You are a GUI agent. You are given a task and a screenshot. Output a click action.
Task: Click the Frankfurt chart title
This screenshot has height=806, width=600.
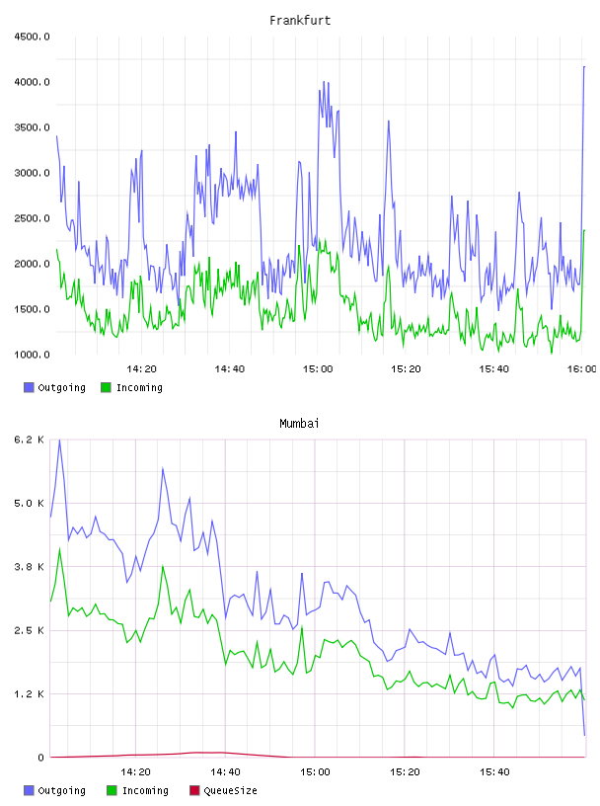coord(300,21)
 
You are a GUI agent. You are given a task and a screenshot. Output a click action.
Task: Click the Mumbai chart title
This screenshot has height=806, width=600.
coord(299,424)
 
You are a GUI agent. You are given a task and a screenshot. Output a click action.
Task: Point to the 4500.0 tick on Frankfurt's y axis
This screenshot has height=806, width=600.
coord(32,37)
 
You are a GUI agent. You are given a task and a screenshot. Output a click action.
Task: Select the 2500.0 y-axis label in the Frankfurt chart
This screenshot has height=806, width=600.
coord(32,218)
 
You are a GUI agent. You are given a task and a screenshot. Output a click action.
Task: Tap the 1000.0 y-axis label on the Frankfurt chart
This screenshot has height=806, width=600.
coord(32,355)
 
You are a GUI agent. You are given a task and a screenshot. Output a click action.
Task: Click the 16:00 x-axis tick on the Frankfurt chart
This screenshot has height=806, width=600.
coord(582,369)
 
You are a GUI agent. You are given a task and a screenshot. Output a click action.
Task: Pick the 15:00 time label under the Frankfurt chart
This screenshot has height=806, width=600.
coord(318,369)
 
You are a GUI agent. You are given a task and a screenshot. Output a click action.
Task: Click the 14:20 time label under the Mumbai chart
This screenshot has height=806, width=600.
coord(135,772)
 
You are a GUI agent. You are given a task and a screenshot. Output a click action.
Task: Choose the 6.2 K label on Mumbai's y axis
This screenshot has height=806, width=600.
coord(29,440)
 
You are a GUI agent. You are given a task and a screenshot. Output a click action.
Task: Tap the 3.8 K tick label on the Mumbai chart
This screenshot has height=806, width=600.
coord(29,567)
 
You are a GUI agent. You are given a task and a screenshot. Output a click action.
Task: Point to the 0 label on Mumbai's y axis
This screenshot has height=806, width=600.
coord(40,758)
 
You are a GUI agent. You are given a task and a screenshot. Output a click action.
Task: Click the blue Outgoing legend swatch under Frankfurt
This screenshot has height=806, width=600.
coord(29,387)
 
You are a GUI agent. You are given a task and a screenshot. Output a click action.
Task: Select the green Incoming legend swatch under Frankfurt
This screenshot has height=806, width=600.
coord(106,387)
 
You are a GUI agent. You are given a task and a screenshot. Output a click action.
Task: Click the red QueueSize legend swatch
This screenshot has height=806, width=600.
coord(194,790)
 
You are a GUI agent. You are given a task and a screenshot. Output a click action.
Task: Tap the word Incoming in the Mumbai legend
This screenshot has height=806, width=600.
coord(145,791)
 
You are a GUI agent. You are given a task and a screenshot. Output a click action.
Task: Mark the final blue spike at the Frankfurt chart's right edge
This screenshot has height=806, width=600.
coord(584,67)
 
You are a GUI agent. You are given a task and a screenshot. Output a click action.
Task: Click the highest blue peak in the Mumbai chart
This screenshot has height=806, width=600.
coord(59,440)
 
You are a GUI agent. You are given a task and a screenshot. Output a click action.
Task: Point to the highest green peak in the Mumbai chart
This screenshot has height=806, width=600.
coord(59,548)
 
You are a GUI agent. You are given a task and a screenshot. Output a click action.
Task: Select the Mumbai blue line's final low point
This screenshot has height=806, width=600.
coord(584,735)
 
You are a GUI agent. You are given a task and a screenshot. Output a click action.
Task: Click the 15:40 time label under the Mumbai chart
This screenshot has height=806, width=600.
coord(494,772)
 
